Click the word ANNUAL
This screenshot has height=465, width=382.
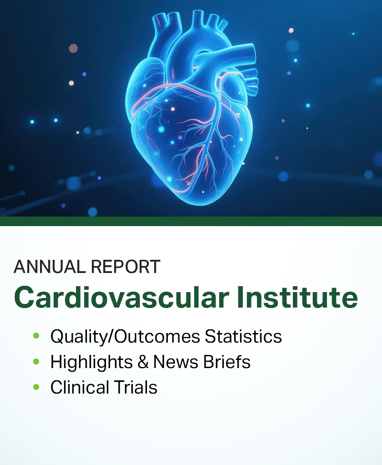click(x=50, y=267)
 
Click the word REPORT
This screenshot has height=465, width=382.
click(x=126, y=267)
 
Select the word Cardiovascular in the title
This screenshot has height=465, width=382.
click(x=121, y=297)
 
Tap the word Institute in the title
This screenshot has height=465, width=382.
click(x=297, y=297)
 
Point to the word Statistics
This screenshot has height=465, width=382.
click(x=243, y=336)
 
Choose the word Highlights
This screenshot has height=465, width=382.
click(x=91, y=362)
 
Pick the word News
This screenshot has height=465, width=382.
click(x=176, y=362)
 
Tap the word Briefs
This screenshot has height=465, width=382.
click(x=227, y=362)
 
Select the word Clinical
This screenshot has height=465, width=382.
click(x=80, y=387)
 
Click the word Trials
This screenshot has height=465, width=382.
click(x=136, y=387)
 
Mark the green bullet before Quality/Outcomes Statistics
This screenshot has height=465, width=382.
click(x=36, y=336)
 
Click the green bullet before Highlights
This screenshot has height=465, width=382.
click(x=36, y=362)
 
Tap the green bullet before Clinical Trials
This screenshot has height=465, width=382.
click(x=36, y=387)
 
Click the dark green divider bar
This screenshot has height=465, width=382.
click(x=191, y=221)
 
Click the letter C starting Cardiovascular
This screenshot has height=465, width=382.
click(x=25, y=297)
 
